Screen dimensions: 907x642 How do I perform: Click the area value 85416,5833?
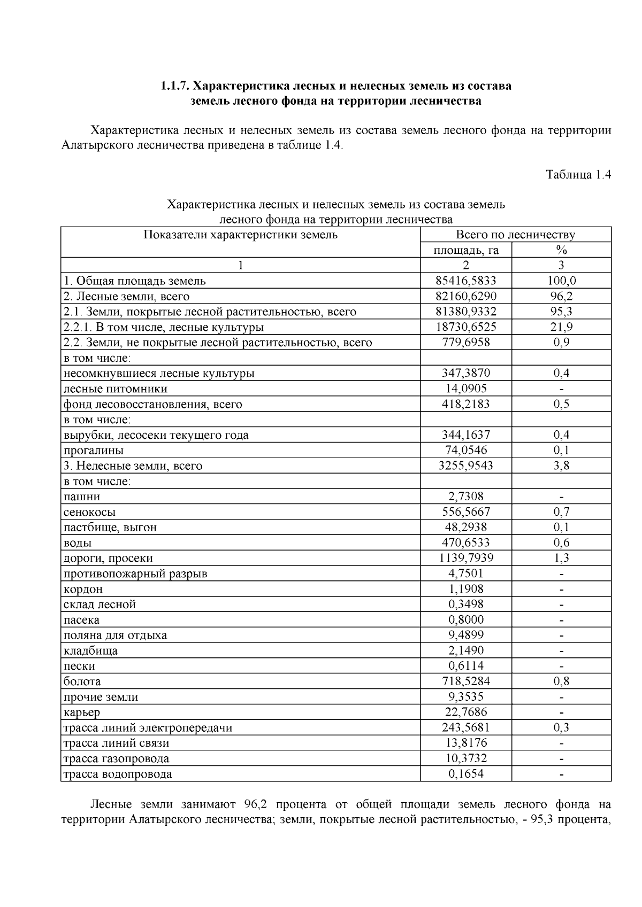coord(465,281)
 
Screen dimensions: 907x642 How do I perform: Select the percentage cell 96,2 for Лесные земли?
coord(561,296)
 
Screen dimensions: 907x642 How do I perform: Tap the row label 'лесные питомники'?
coord(115,389)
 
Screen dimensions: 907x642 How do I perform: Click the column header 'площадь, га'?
coord(465,250)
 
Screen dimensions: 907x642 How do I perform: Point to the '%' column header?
coord(561,250)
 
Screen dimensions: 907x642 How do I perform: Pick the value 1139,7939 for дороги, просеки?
coord(465,558)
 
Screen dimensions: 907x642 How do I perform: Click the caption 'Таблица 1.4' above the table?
coord(578,174)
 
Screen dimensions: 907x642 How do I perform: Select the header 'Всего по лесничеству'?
coord(515,235)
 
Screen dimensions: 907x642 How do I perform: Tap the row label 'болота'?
coord(82,681)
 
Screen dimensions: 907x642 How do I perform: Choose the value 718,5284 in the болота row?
coord(465,681)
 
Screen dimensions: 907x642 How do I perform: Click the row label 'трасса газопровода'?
coord(116,758)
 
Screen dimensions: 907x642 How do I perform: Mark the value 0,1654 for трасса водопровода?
coord(465,774)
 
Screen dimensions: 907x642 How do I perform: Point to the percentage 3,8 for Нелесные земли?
coord(561,466)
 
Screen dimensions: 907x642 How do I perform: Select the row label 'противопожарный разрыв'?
coord(135,574)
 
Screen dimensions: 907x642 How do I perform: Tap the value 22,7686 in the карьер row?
coord(465,712)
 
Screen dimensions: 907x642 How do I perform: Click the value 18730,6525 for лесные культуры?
coord(465,327)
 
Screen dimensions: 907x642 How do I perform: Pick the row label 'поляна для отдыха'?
coord(115,635)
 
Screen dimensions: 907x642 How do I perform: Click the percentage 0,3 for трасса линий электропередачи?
coord(561,727)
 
